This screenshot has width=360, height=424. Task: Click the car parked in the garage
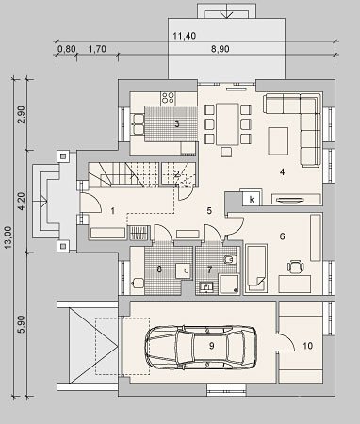pyautogui.click(x=201, y=347)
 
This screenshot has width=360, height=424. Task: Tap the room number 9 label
pyautogui.click(x=211, y=346)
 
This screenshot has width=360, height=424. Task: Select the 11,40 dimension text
pyautogui.click(x=185, y=36)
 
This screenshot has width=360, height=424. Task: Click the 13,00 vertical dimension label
pyautogui.click(x=8, y=237)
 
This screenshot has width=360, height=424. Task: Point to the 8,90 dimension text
pyautogui.click(x=220, y=49)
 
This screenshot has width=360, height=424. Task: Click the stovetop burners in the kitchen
pyautogui.click(x=168, y=97)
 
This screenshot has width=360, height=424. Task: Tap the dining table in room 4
pyautogui.click(x=227, y=124)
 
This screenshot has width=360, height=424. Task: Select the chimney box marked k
pyautogui.click(x=252, y=199)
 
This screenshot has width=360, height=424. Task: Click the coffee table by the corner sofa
pyautogui.click(x=278, y=141)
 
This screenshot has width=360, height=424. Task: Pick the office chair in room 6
pyautogui.click(x=296, y=267)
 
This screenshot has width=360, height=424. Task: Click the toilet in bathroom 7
pyautogui.click(x=230, y=260)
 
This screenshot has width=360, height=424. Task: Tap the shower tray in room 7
pyautogui.click(x=229, y=285)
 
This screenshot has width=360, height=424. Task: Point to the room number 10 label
pyautogui.click(x=308, y=346)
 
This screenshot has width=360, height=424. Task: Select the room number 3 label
pyautogui.click(x=177, y=123)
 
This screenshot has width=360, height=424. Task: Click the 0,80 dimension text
pyautogui.click(x=67, y=49)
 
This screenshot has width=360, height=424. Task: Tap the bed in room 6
pyautogui.click(x=256, y=269)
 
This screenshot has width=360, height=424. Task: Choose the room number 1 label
pyautogui.click(x=113, y=211)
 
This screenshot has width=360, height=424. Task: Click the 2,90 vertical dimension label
pyautogui.click(x=23, y=115)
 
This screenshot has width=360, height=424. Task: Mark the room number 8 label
pyautogui.click(x=159, y=269)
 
